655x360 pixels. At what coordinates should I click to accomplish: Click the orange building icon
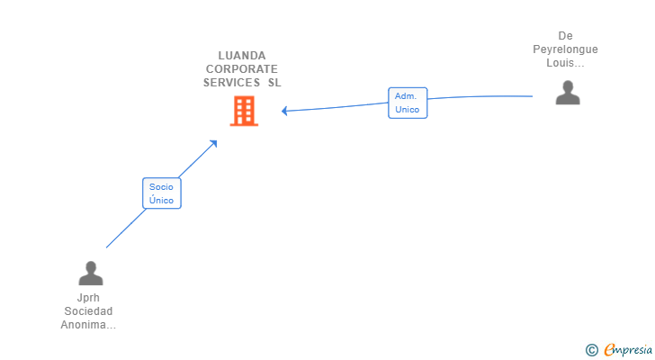click(x=244, y=111)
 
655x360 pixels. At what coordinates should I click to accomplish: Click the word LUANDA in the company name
click(x=241, y=55)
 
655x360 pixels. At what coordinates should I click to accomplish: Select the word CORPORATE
click(x=241, y=68)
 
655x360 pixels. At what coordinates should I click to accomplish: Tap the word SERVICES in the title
click(x=231, y=82)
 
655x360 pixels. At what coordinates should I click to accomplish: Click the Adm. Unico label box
click(x=408, y=103)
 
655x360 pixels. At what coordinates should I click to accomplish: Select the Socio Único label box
click(x=162, y=193)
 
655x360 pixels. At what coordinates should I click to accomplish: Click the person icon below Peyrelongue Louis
click(x=568, y=93)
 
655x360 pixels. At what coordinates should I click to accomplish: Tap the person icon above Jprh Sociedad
click(x=90, y=273)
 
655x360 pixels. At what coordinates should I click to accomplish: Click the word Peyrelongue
click(x=565, y=49)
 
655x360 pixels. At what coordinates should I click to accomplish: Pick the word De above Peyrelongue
click(x=565, y=37)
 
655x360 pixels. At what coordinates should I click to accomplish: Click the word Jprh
click(x=88, y=298)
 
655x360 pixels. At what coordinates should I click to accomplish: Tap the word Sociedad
click(x=88, y=311)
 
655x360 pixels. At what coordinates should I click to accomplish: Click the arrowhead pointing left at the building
click(x=284, y=111)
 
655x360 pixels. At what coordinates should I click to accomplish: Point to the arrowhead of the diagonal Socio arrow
click(x=214, y=142)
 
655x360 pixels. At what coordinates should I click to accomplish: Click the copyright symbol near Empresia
click(x=591, y=349)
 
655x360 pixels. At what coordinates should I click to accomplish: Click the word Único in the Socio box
click(x=162, y=200)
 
